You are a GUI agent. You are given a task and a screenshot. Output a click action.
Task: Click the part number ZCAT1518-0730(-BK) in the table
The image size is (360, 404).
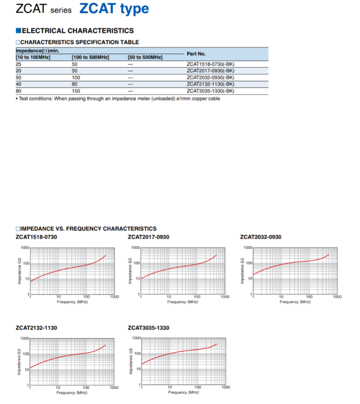[210, 64]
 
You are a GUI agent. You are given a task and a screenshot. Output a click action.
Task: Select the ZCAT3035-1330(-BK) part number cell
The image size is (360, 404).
[210, 91]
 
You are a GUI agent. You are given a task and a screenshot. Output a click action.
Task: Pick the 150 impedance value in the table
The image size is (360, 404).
[75, 91]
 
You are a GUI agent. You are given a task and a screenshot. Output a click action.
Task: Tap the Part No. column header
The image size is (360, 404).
[196, 53]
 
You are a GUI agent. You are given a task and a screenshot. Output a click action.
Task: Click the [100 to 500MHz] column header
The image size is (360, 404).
[90, 57]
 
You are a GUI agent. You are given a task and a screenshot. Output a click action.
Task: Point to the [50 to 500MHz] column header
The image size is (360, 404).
[145, 57]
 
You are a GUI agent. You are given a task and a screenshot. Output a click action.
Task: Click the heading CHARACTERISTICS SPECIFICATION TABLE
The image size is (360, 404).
[80, 42]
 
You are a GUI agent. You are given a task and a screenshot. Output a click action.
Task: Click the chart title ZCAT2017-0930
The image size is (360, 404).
[149, 237]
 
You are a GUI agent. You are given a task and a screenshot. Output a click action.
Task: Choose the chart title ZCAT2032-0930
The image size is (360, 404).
[261, 237]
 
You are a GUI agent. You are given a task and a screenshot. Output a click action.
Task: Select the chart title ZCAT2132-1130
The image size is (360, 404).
[37, 328]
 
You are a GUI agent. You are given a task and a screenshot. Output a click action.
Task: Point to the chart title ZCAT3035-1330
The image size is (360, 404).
[149, 328]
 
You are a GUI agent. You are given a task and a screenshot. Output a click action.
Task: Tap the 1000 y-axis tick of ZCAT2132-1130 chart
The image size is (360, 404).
[24, 338]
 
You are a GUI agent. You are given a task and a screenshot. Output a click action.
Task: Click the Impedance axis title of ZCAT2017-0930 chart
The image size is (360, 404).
[130, 271]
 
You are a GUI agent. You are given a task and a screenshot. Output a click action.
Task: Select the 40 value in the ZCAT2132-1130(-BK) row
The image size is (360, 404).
[18, 84]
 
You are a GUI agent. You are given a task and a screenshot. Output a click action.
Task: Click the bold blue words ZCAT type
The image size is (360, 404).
[114, 9]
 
